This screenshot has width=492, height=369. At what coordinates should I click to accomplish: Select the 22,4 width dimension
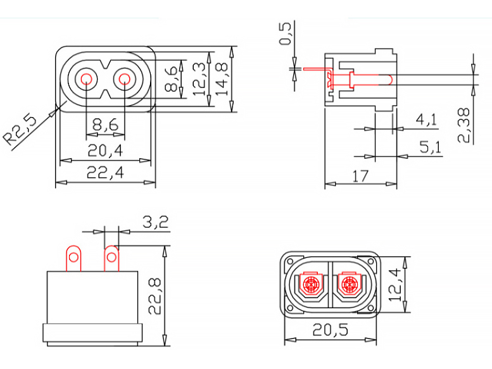click(105, 172)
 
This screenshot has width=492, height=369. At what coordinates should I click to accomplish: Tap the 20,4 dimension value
click(105, 150)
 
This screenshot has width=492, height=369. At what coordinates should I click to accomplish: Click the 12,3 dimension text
click(199, 79)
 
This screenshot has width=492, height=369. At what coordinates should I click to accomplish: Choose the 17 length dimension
click(360, 176)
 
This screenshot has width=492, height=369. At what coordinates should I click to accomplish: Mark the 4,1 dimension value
click(426, 120)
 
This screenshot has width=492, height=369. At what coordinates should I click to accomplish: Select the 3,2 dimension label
click(155, 222)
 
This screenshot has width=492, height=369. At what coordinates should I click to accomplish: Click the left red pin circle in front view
click(86, 80)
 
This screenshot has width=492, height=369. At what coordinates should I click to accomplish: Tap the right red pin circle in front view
click(124, 80)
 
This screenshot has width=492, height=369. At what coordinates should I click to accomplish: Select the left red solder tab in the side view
click(73, 258)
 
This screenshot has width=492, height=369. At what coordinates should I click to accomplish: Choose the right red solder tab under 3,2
click(111, 258)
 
